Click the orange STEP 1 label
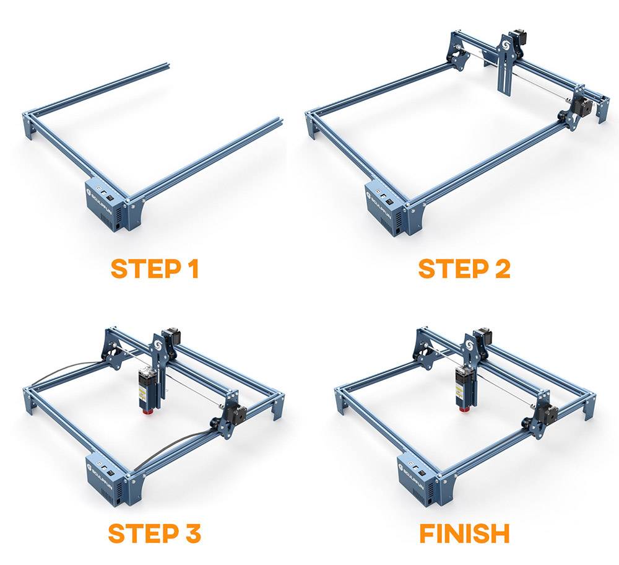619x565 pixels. tap(155, 269)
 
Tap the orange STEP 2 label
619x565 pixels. tap(464, 269)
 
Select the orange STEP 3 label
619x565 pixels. tap(154, 533)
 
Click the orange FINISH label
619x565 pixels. tap(464, 533)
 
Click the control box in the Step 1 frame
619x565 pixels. tap(106, 206)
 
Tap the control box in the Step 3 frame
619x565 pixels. tap(106, 481)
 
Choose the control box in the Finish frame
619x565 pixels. tap(417, 481)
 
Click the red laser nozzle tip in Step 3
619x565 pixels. tap(148, 411)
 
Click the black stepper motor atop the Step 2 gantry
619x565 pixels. tap(517, 38)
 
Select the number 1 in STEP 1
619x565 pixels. tap(193, 269)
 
